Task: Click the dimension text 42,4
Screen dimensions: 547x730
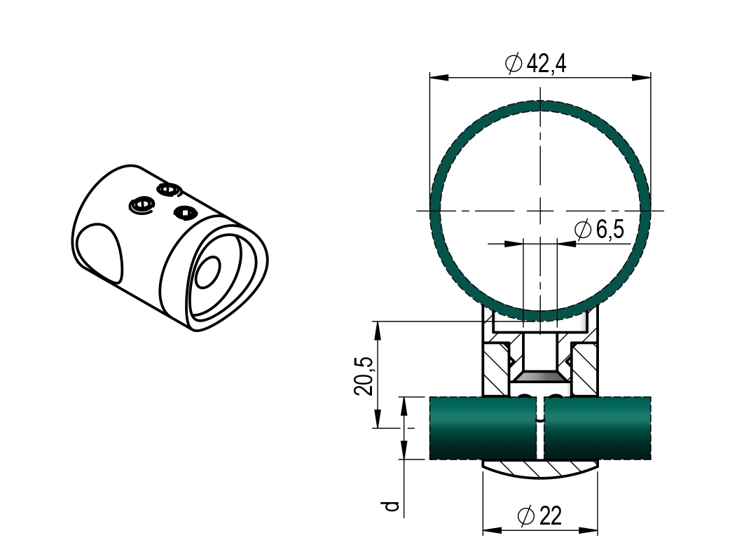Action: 546,64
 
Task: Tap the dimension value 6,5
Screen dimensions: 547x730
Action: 610,229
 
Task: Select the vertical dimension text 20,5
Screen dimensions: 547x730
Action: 364,375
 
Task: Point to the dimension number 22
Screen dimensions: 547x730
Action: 551,517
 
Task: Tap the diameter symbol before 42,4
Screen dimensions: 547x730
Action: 513,64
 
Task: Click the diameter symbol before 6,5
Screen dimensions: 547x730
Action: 582,229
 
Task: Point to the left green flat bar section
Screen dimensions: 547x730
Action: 483,427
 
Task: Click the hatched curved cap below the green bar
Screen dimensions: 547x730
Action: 540,469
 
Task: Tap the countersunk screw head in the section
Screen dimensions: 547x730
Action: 540,376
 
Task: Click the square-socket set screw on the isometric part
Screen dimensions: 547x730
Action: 184,212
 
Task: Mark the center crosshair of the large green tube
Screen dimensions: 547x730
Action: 540,210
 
